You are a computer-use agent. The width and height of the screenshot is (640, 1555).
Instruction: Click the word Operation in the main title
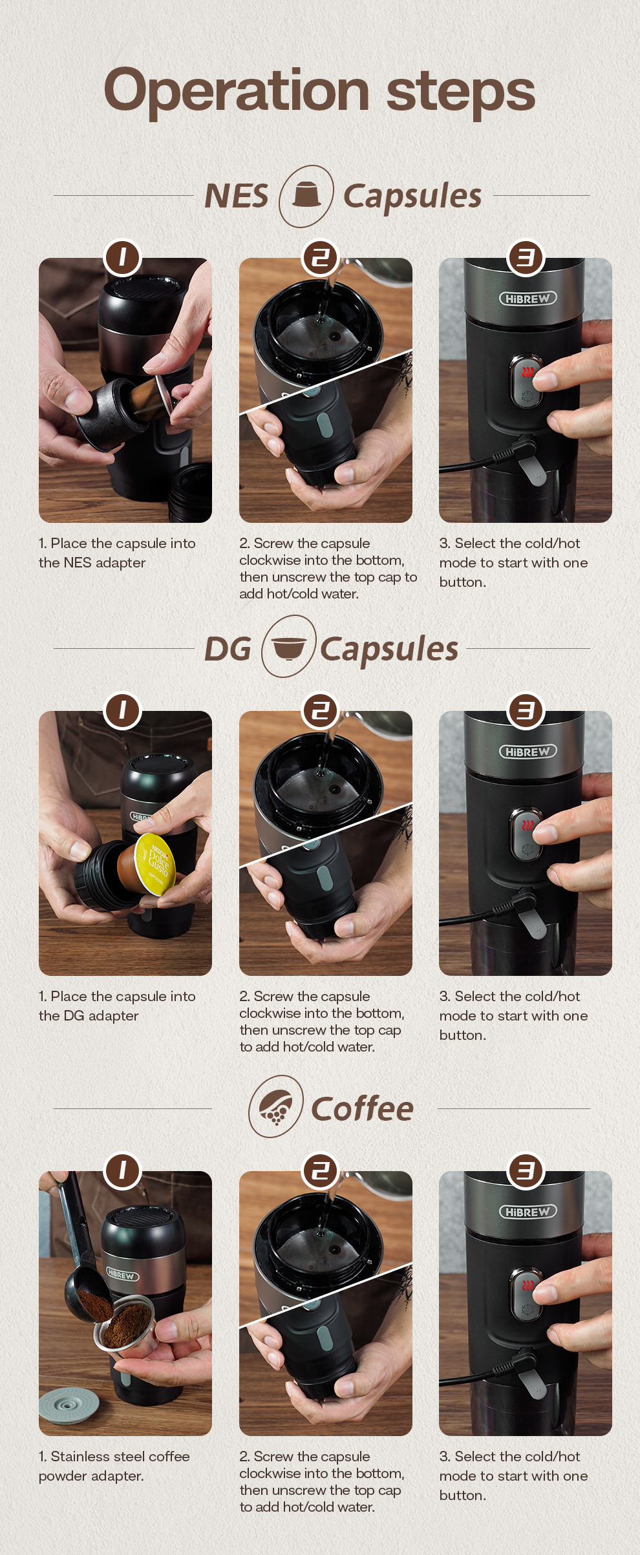[236, 91]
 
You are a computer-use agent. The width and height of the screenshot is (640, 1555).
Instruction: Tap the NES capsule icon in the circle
[306, 195]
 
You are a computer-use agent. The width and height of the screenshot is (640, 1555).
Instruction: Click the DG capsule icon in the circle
[289, 647]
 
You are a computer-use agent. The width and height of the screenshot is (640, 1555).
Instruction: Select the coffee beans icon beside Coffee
[276, 1106]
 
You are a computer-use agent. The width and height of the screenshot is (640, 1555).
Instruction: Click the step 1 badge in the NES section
[122, 257]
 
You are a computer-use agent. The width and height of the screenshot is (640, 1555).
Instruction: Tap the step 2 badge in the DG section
[321, 711]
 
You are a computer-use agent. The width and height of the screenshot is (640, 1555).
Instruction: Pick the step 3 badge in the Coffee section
[526, 1170]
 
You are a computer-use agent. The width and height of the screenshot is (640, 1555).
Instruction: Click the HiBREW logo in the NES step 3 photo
[528, 299]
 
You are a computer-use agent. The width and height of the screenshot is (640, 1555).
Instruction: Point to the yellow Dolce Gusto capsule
[155, 863]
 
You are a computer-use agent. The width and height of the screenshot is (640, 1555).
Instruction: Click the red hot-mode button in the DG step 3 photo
[528, 826]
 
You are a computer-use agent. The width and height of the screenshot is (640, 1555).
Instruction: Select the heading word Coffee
[362, 1108]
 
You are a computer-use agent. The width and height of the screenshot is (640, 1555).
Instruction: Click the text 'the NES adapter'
[92, 563]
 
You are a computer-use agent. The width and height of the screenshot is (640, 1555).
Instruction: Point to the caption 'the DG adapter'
[89, 1016]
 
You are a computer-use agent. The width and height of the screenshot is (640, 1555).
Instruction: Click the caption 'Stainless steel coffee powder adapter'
[114, 1466]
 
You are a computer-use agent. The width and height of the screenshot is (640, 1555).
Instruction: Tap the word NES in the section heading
[236, 196]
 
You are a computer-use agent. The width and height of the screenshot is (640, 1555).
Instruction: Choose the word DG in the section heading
[228, 649]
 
